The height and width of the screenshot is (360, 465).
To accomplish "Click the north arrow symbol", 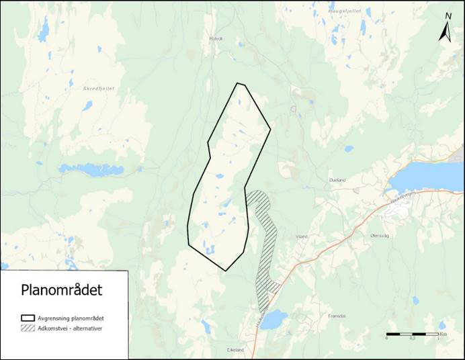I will click(x=445, y=32).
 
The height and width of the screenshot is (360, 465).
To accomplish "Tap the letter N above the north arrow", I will click(x=448, y=16).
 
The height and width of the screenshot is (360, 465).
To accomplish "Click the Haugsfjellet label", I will click(x=340, y=11).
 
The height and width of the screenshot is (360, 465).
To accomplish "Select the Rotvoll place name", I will click(x=216, y=38).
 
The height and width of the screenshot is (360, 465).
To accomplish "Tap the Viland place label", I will click(x=301, y=236).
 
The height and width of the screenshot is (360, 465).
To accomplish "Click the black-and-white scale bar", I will click(x=412, y=334).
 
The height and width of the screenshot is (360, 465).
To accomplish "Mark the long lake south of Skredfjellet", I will click(x=91, y=169).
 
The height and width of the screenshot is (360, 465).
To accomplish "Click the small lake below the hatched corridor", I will click(x=274, y=321).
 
